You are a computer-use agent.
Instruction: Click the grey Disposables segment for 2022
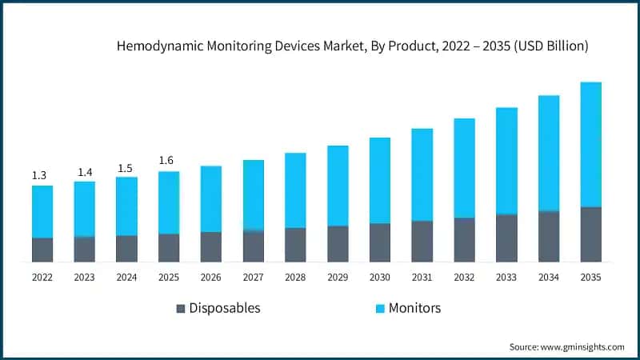(x=42, y=250)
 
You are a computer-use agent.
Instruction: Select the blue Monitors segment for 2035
(x=590, y=144)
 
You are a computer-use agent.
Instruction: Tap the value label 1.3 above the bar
(x=39, y=175)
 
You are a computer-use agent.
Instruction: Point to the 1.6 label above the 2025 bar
(x=166, y=161)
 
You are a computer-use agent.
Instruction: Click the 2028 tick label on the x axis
(x=295, y=277)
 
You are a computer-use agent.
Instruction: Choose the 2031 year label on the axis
(x=422, y=277)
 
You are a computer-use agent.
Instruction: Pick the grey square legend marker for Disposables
(x=181, y=308)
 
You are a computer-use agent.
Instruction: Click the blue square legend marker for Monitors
(x=381, y=308)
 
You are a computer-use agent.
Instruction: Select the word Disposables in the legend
(x=226, y=308)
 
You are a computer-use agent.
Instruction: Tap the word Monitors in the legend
(x=414, y=308)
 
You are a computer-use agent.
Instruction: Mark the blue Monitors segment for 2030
(x=379, y=180)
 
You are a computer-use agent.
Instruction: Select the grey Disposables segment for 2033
(x=506, y=238)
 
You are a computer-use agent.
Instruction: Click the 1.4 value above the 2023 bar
(x=84, y=171)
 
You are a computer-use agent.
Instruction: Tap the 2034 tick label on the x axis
(x=548, y=277)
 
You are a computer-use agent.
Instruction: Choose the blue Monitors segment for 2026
(x=211, y=198)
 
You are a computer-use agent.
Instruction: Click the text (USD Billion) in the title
(x=551, y=47)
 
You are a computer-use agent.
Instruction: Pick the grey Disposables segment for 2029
(x=338, y=243)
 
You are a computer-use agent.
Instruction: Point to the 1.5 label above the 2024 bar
(x=126, y=167)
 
